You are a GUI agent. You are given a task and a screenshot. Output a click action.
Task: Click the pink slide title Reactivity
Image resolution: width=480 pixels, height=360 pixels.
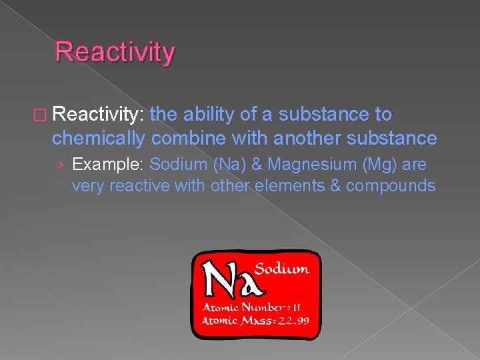click(115, 51)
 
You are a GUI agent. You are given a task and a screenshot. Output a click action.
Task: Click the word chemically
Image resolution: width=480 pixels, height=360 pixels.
click(99, 138)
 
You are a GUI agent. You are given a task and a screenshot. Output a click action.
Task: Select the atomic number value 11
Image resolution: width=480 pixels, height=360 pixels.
click(295, 307)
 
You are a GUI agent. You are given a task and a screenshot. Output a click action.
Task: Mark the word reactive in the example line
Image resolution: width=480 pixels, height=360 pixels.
click(137, 185)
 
